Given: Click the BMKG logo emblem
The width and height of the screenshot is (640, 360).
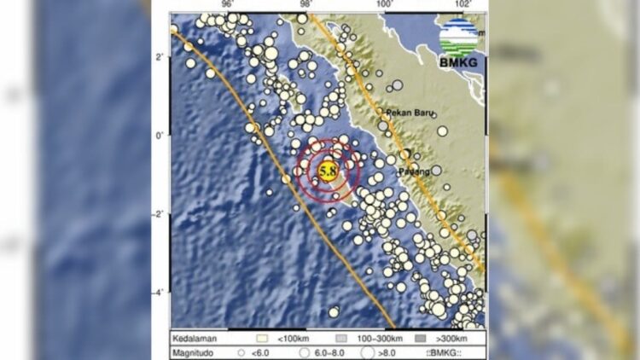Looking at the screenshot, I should [458, 36].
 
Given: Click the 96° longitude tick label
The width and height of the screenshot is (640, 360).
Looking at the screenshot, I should [227, 5].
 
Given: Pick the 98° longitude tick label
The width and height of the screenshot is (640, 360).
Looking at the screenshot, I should [305, 5].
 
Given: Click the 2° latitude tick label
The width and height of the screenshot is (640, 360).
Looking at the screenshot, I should [160, 57].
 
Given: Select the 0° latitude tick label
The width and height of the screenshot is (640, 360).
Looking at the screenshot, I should [160, 136].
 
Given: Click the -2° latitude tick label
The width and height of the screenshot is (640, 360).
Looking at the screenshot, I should [159, 214].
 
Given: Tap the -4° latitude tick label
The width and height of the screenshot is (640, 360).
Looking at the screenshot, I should [159, 293].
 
